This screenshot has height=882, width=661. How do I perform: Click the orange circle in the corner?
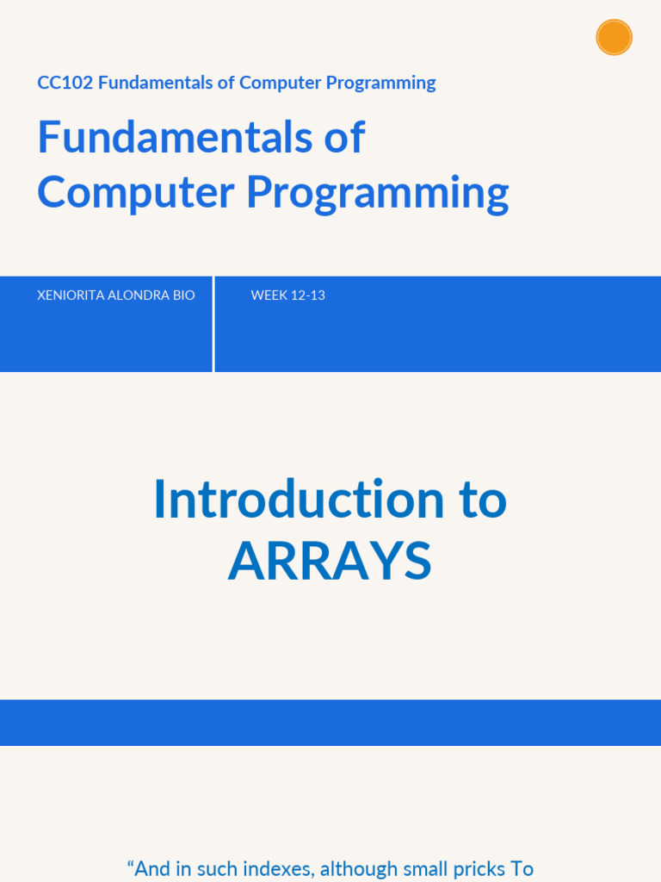click(614, 37)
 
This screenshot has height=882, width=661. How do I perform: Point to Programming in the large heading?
click(377, 194)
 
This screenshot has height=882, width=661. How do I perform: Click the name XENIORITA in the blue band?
click(71, 295)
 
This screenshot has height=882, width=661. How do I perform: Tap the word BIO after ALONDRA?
click(184, 295)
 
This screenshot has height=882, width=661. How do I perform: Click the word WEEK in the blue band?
click(269, 295)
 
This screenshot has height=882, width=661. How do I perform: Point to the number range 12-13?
click(308, 295)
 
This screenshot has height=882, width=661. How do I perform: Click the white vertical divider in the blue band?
click(213, 324)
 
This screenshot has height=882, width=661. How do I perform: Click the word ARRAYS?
click(330, 562)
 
